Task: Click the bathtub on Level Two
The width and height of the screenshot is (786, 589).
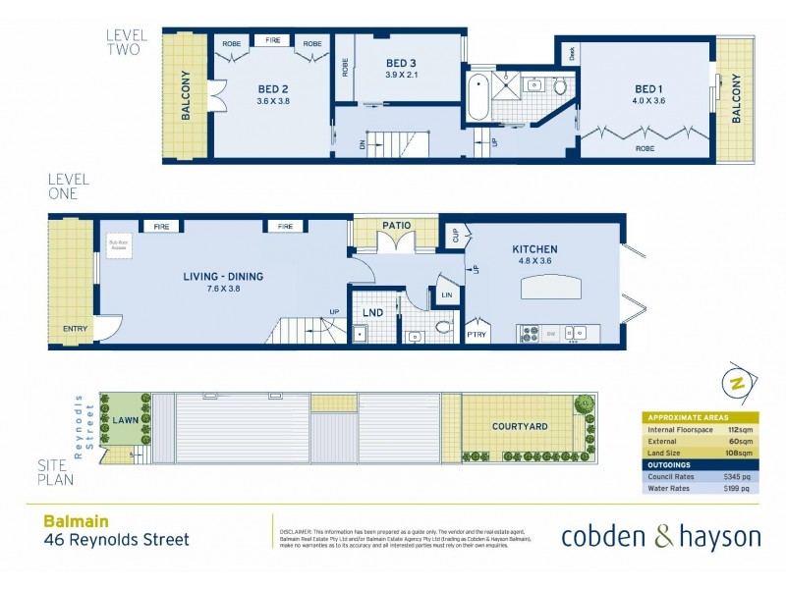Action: pos(477,96)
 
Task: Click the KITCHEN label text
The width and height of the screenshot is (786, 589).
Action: pos(533,249)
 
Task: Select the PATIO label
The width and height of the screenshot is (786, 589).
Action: pos(397,226)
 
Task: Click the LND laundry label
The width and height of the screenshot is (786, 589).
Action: pos(372,313)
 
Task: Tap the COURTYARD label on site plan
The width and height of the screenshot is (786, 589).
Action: pos(520,426)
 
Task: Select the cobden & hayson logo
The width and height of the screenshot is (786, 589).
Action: pos(660,536)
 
